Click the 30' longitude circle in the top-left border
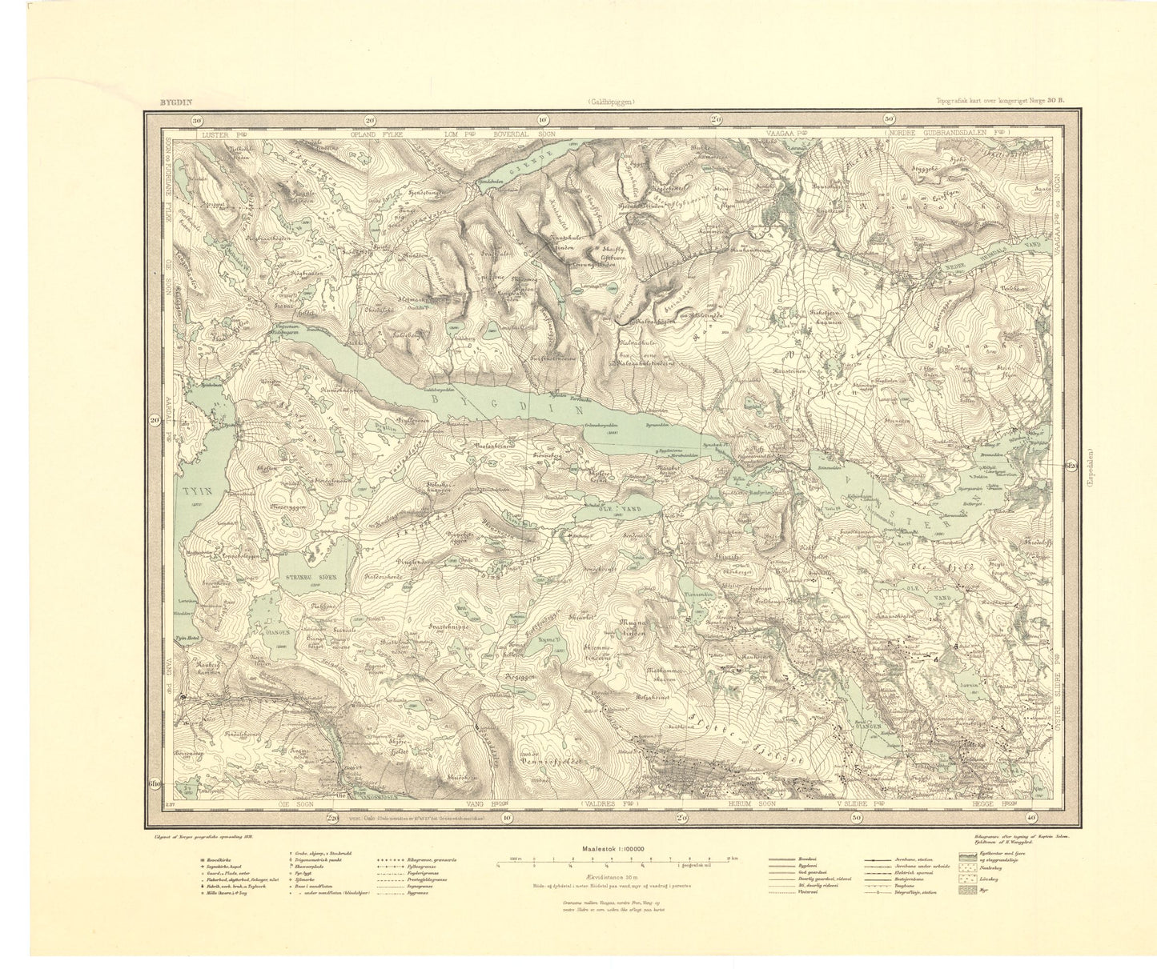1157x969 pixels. (196, 120)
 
